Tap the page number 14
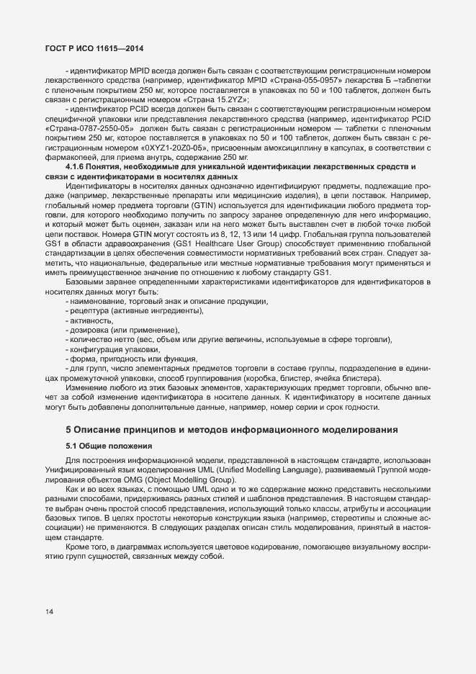pyautogui.click(x=49, y=612)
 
